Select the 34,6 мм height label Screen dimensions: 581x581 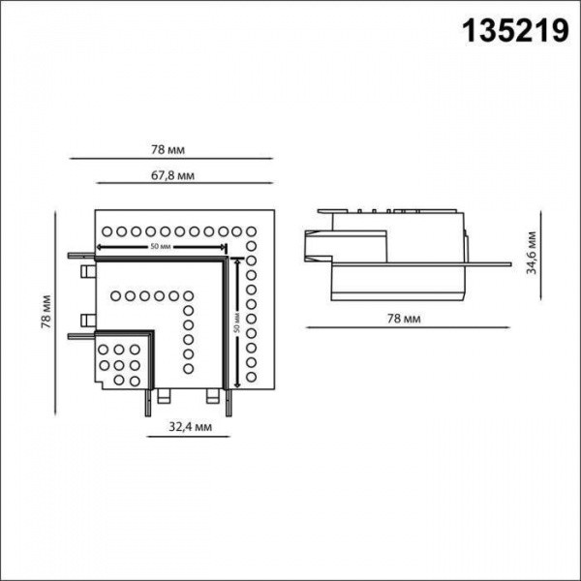click(x=530, y=254)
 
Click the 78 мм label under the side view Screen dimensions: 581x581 click(x=404, y=317)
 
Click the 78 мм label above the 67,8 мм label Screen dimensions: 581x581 click(x=168, y=150)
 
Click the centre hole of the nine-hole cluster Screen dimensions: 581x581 click(x=117, y=365)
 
